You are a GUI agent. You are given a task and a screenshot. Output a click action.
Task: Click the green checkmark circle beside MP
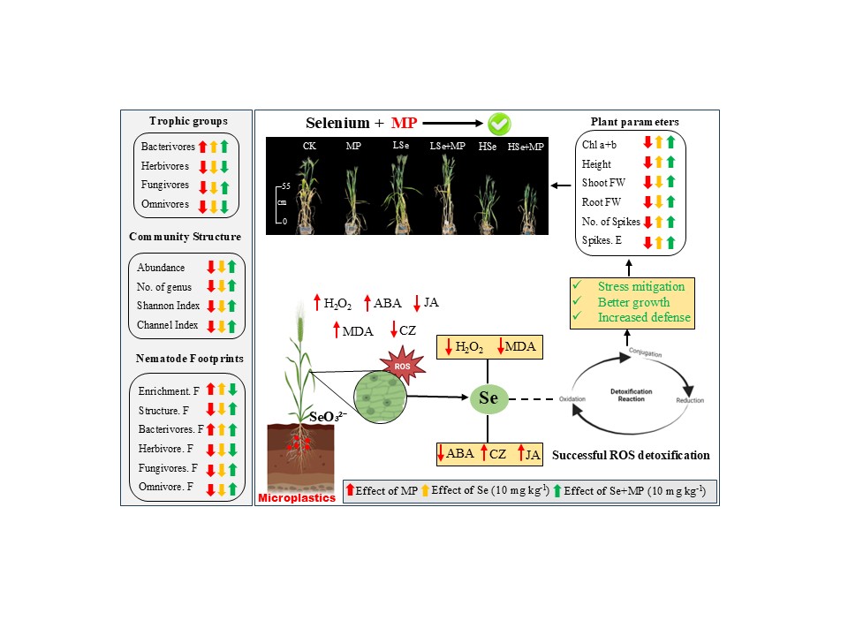click(x=500, y=124)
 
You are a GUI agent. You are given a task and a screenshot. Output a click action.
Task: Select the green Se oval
click(x=488, y=399)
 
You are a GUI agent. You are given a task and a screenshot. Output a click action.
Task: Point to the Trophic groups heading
click(x=187, y=121)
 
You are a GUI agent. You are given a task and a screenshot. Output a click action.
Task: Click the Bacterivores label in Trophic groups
click(x=167, y=147)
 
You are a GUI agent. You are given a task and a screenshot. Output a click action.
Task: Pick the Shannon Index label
click(x=168, y=306)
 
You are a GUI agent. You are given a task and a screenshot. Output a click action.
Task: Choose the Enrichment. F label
click(x=171, y=390)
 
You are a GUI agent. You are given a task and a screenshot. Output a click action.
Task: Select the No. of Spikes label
click(x=610, y=222)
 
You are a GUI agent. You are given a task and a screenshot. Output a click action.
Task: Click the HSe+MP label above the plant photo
click(x=526, y=148)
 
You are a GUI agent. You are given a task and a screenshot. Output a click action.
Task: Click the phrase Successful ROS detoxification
click(x=630, y=456)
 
